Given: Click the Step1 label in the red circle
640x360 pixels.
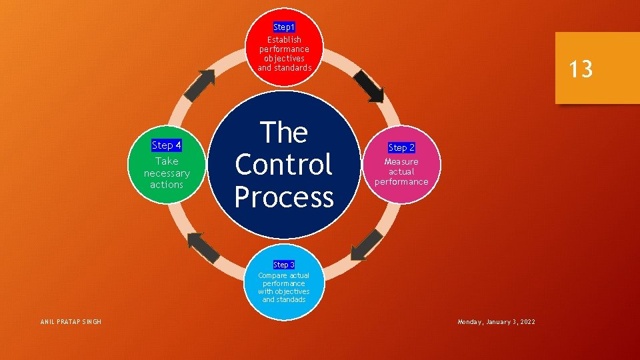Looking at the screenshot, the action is coord(284,27).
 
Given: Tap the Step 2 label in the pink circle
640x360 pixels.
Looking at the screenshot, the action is coord(401,147).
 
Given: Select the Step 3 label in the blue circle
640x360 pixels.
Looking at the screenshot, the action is coord(284,265).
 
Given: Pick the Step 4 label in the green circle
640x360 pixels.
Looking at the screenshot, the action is coord(167,145).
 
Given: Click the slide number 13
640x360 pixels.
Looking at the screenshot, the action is coord(581,69).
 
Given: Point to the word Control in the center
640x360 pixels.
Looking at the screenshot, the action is coord(284,165).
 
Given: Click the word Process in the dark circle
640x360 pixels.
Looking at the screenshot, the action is coord(284,197).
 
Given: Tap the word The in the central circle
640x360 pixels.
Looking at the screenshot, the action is coord(284,133).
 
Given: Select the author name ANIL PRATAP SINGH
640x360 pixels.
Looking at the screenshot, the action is coord(71,322).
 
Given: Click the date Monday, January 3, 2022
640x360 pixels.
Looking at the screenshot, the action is coord(496,322).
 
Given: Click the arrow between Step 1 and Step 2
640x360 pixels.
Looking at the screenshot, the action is coord(369,86).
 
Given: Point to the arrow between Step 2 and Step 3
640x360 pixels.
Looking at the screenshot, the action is coord(367,245).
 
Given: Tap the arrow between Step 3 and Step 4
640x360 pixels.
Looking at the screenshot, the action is coord(203,247).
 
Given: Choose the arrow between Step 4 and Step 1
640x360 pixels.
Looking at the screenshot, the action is coord(199,85).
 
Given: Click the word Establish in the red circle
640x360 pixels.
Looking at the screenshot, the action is coord(284,39).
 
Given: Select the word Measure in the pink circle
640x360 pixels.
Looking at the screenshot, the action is coord(401,161).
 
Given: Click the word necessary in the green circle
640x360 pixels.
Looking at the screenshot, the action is coord(167,173).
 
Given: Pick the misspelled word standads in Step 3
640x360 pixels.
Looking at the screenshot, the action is coord(292,299).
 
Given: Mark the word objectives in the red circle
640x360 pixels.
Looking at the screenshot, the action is coord(284,58).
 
